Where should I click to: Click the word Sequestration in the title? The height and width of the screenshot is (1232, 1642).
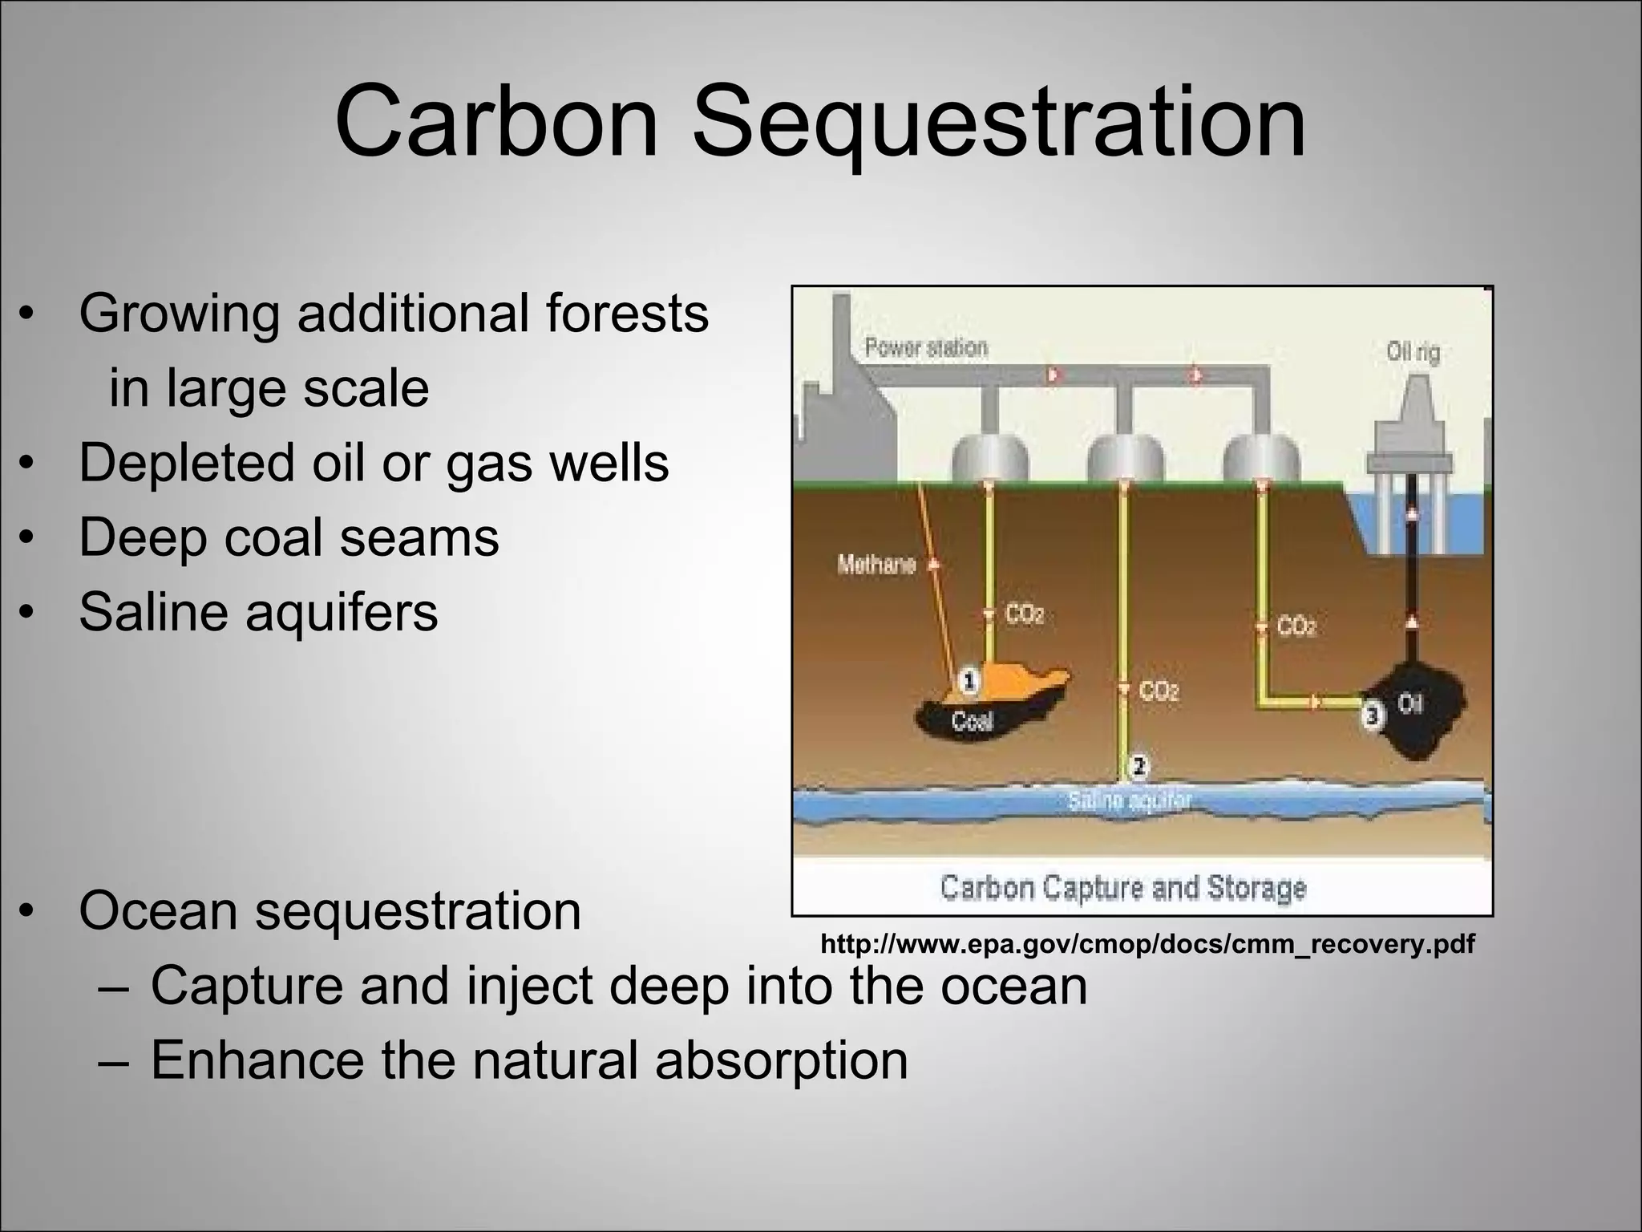999,122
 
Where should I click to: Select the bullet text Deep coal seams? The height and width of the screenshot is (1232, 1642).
289,537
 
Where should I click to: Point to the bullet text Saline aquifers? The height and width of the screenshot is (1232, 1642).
258,611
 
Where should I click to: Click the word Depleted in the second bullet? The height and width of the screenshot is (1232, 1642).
187,463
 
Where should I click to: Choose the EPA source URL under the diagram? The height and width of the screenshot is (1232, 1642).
1147,944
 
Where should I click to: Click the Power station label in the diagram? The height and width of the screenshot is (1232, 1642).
926,347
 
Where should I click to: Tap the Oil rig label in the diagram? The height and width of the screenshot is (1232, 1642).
1413,352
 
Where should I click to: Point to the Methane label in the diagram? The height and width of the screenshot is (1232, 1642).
876,565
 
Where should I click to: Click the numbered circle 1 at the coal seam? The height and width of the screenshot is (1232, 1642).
969,682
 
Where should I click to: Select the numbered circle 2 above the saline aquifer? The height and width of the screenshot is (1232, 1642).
1138,766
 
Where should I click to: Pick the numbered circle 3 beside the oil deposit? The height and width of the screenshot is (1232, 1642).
1372,714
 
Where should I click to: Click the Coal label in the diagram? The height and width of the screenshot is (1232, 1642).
972,722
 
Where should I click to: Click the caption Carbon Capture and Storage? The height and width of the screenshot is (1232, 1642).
1122,888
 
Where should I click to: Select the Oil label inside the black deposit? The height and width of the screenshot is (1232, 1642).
1410,703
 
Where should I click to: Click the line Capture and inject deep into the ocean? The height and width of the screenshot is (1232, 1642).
618,986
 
